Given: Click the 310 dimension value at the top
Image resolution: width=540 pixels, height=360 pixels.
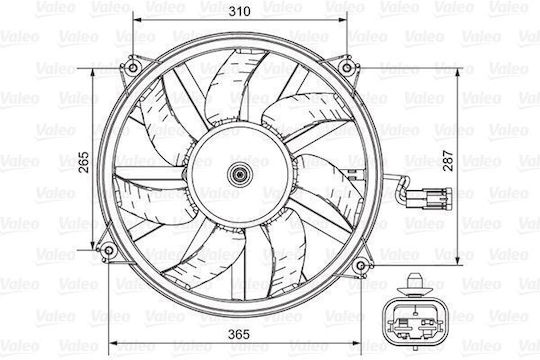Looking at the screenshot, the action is click(x=240, y=11).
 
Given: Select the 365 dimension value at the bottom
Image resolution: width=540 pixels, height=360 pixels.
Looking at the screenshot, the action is click(x=239, y=334).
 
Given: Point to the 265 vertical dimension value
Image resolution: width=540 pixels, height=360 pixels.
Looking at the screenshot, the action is click(x=83, y=162).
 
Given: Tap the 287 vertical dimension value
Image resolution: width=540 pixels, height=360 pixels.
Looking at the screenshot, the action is click(x=448, y=161).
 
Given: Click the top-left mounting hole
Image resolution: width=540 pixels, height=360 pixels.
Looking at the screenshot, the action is click(x=133, y=68).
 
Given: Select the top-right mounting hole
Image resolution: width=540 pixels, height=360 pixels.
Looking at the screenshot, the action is click(x=347, y=68).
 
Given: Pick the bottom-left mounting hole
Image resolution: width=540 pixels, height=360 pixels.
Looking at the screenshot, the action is click(x=108, y=250).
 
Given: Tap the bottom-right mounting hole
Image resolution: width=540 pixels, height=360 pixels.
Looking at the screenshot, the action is click(x=361, y=266).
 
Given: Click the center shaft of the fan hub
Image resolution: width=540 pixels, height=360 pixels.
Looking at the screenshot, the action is click(x=239, y=175).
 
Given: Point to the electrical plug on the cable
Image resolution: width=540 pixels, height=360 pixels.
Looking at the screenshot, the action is click(x=429, y=198).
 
